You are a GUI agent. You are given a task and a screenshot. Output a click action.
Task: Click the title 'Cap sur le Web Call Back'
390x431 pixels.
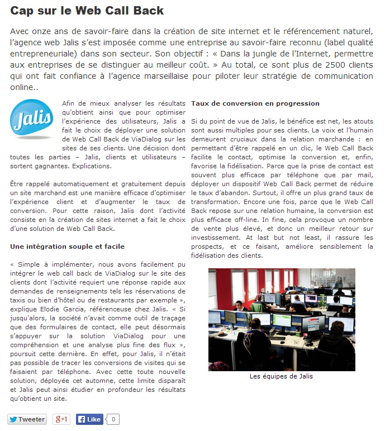pyautogui.click(x=87, y=11)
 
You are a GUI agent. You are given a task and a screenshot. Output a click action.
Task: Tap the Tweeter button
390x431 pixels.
pyautogui.click(x=27, y=419)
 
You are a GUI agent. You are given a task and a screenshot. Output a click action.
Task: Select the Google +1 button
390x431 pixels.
pyautogui.click(x=61, y=419)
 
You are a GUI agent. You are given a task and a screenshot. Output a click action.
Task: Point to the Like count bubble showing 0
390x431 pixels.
pyautogui.click(x=113, y=419)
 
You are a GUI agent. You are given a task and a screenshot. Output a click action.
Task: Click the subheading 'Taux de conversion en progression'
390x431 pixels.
pyautogui.click(x=255, y=103)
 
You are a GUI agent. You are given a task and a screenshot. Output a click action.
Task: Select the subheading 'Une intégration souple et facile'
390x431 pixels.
pyautogui.click(x=68, y=247)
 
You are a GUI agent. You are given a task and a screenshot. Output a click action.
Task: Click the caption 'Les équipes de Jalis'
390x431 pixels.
pyautogui.click(x=281, y=376)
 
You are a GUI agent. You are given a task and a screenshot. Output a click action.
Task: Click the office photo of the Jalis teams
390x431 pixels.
pyautogui.click(x=282, y=319)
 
